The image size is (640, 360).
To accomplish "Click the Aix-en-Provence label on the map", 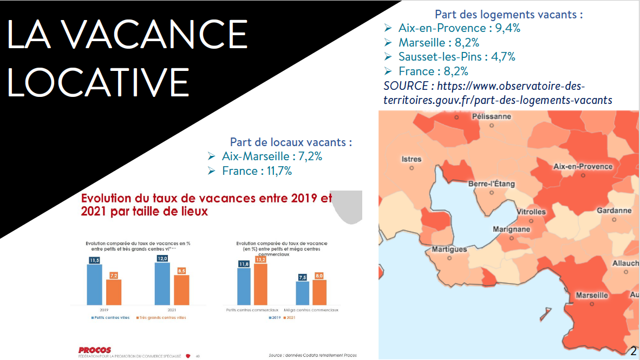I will [x=583, y=166].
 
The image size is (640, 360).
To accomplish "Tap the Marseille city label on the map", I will [x=591, y=296].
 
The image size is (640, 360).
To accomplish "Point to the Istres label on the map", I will [x=412, y=159].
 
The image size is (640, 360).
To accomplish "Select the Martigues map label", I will [x=449, y=250].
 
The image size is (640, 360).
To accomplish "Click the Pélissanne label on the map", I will [x=491, y=116].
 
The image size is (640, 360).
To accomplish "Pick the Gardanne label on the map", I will [x=613, y=211].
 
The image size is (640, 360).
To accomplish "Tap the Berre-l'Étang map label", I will [x=491, y=184].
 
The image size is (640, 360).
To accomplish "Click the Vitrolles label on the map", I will [x=531, y=212].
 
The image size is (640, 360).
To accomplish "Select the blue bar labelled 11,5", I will [x=95, y=284].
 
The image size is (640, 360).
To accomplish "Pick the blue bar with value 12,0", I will [x=162, y=283].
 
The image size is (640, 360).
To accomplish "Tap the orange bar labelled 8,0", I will [x=319, y=292].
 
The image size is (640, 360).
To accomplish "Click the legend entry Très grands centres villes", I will [x=161, y=318].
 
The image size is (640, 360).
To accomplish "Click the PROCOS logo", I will [x=94, y=350].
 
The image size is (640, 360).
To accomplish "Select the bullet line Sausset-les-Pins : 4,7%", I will [x=456, y=57].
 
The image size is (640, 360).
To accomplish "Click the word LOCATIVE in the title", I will [x=99, y=82].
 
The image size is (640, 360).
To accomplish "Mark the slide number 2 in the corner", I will [x=633, y=351].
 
